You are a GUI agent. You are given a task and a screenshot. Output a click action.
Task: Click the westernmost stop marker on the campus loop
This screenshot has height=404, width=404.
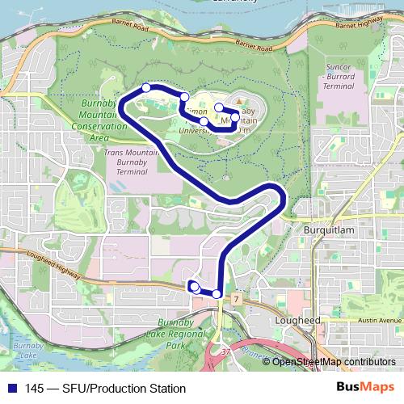coord(146,87)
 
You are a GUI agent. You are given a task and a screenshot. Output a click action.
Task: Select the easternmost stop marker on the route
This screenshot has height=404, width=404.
coord(235,117)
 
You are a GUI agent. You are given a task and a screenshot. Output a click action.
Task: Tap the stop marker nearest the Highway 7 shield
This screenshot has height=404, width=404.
coord(217,293)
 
